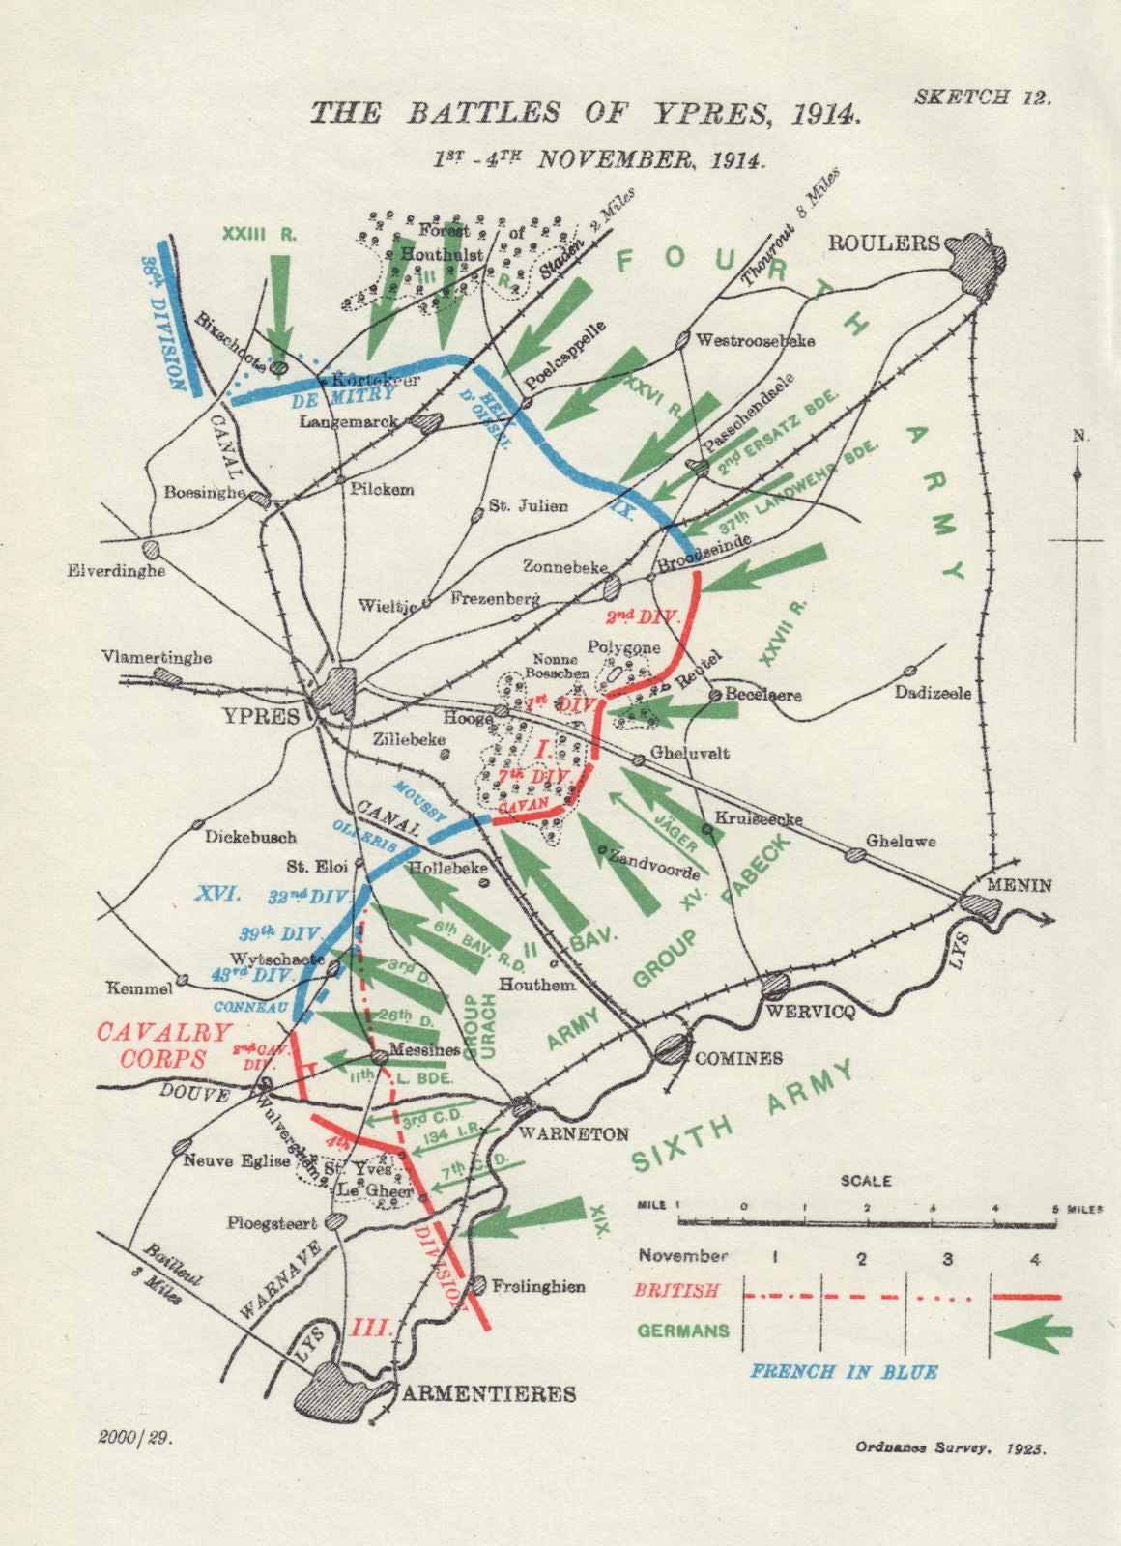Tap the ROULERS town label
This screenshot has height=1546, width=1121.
pyautogui.click(x=883, y=243)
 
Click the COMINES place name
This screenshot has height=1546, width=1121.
pyautogui.click(x=738, y=1057)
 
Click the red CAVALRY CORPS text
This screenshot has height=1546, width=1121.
pyautogui.click(x=164, y=1045)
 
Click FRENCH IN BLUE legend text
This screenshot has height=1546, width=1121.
pyautogui.click(x=844, y=1371)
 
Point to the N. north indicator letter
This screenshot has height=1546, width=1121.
pyautogui.click(x=1079, y=437)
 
